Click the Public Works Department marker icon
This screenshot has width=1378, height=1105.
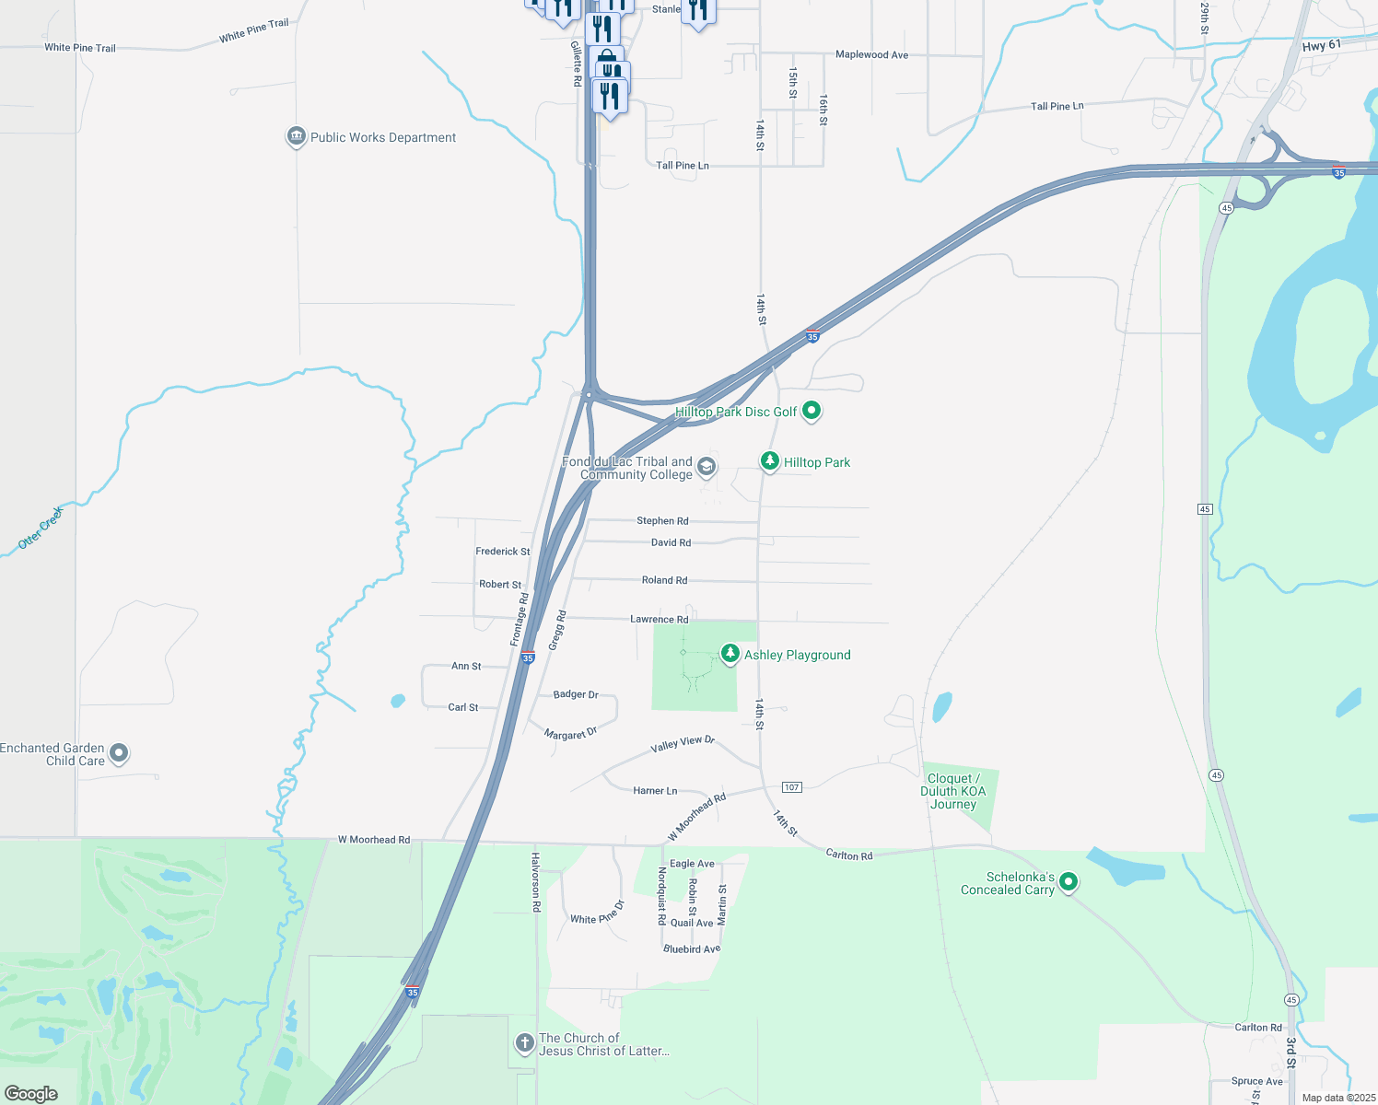(x=296, y=137)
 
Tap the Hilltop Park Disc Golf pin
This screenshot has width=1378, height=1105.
(x=812, y=411)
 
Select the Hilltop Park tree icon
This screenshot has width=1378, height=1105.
(x=770, y=460)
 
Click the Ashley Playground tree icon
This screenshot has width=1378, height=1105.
(x=730, y=654)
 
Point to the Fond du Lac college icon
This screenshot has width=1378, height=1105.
(x=707, y=467)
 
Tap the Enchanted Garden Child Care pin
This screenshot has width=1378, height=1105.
(x=119, y=753)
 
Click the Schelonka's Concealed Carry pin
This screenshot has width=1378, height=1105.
(x=1069, y=881)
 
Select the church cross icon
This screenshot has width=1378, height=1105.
(x=524, y=1042)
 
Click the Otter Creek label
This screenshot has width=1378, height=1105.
(x=41, y=529)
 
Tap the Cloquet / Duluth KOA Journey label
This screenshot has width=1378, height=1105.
(x=953, y=791)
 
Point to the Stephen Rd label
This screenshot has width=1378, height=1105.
(x=662, y=521)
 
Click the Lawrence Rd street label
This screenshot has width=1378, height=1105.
(x=659, y=619)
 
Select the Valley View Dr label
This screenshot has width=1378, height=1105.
(x=683, y=744)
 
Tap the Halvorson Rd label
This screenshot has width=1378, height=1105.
(x=535, y=881)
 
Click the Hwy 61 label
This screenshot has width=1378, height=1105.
(x=1322, y=45)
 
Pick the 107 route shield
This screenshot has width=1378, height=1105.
(x=791, y=787)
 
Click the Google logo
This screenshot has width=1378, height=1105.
(x=30, y=1093)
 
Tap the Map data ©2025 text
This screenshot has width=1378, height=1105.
(x=1338, y=1098)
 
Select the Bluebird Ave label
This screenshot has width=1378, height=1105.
(x=692, y=948)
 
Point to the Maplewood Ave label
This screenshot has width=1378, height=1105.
(x=871, y=55)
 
